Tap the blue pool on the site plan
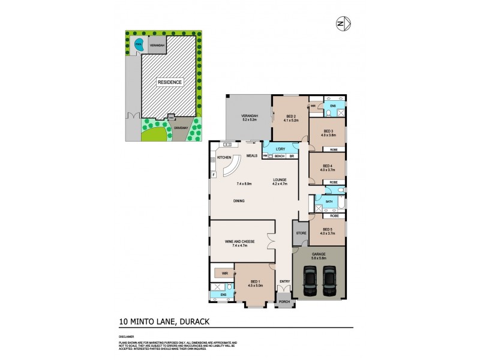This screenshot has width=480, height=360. coord(139,44)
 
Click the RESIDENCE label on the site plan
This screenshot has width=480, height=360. coord(170,82)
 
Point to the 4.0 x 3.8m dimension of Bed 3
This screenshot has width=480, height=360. coord(328,136)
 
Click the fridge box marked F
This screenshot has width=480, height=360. coord(214,175)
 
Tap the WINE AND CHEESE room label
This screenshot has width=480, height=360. coord(239,241)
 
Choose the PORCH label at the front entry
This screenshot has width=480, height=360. coord(284,302)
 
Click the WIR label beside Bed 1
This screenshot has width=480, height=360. coord(224,273)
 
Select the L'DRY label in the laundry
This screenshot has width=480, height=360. coord(280,148)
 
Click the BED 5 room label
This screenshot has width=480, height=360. coord(328,229)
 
